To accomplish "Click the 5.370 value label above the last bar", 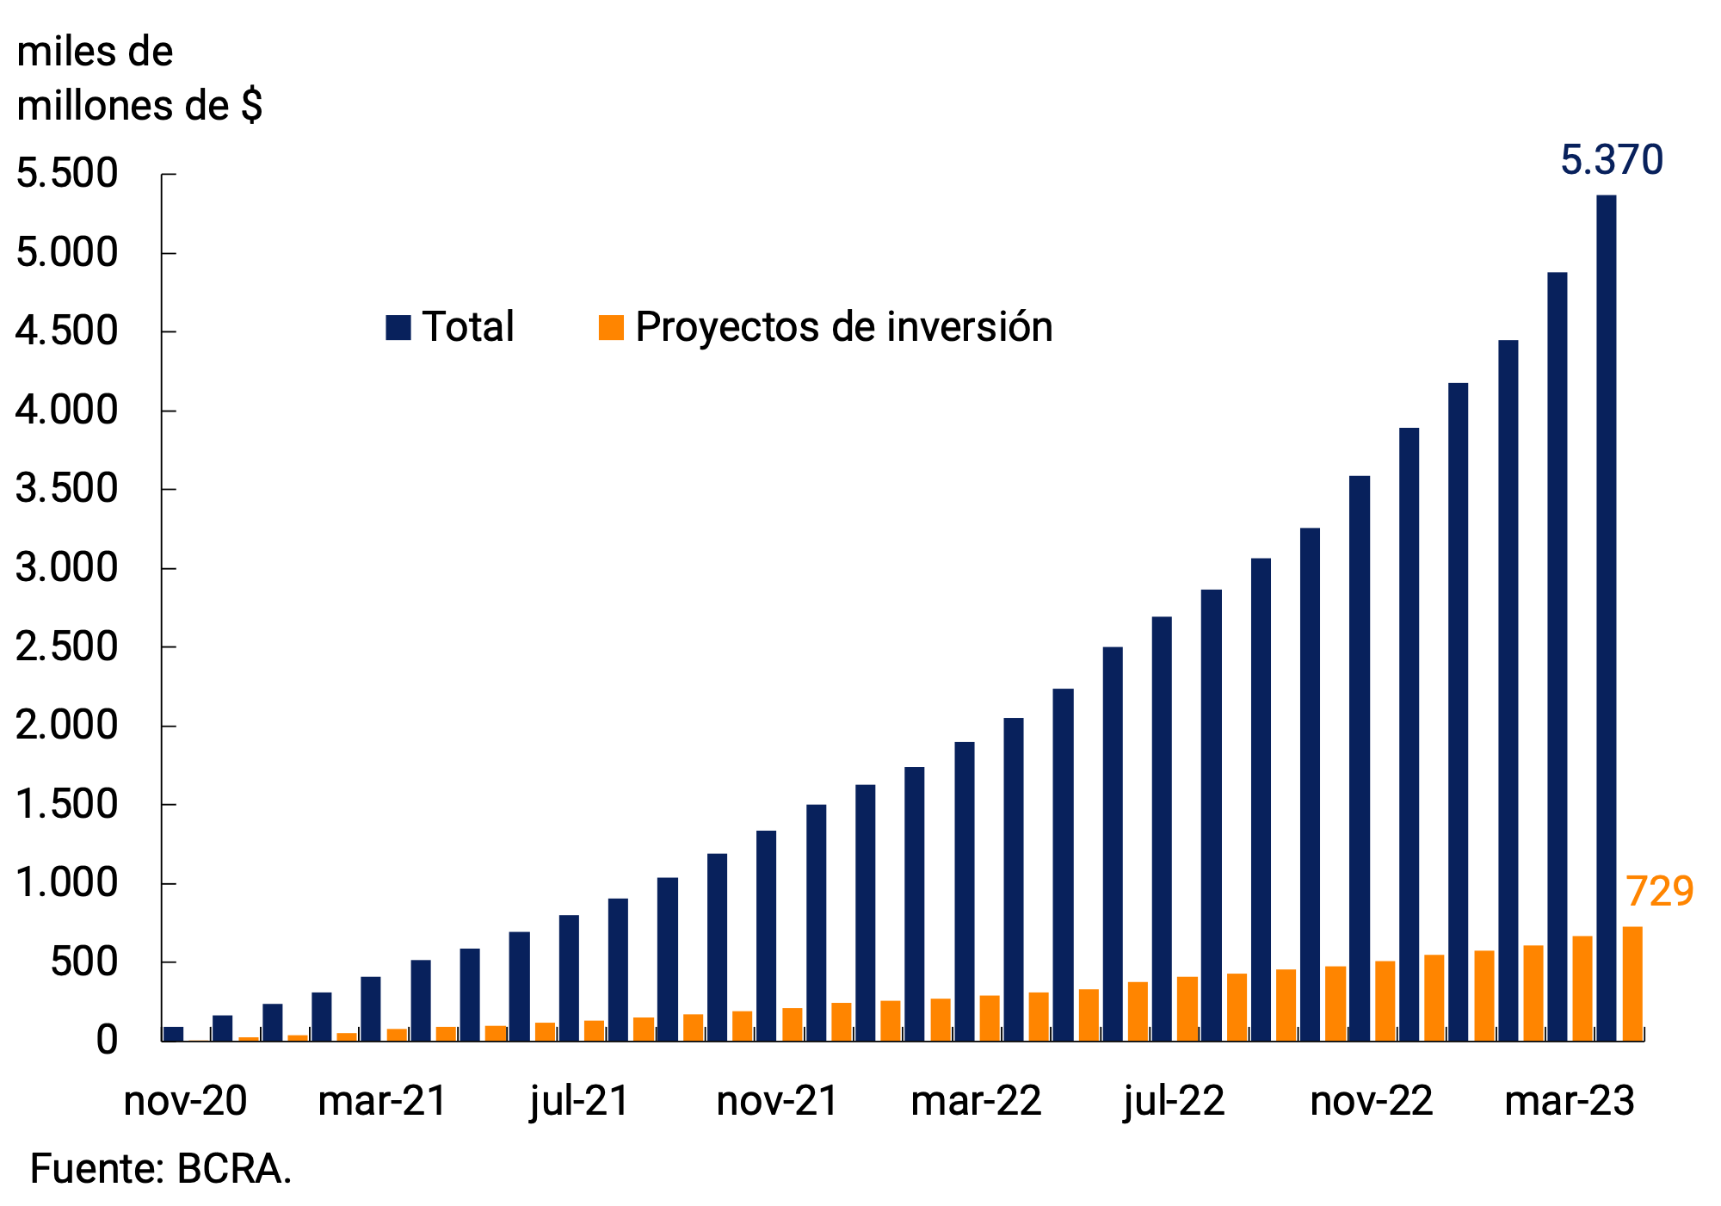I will click(1611, 161).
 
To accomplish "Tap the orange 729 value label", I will click(1659, 892).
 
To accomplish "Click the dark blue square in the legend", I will click(398, 328).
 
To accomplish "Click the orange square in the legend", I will click(611, 328).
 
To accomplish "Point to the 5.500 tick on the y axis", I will click(67, 174).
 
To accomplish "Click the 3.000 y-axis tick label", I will click(67, 568).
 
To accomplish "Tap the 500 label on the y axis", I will click(83, 962).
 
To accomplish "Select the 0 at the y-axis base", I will click(107, 1041).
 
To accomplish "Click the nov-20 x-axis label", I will click(185, 1101).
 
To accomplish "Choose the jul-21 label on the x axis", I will click(580, 1101).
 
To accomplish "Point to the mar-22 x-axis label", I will click(976, 1101).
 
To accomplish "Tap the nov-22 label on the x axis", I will click(1372, 1101).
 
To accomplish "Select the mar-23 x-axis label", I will click(1570, 1101).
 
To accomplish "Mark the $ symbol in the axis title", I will click(251, 106).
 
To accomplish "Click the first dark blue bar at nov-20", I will click(173, 1034).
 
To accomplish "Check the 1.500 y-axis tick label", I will click(67, 805).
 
